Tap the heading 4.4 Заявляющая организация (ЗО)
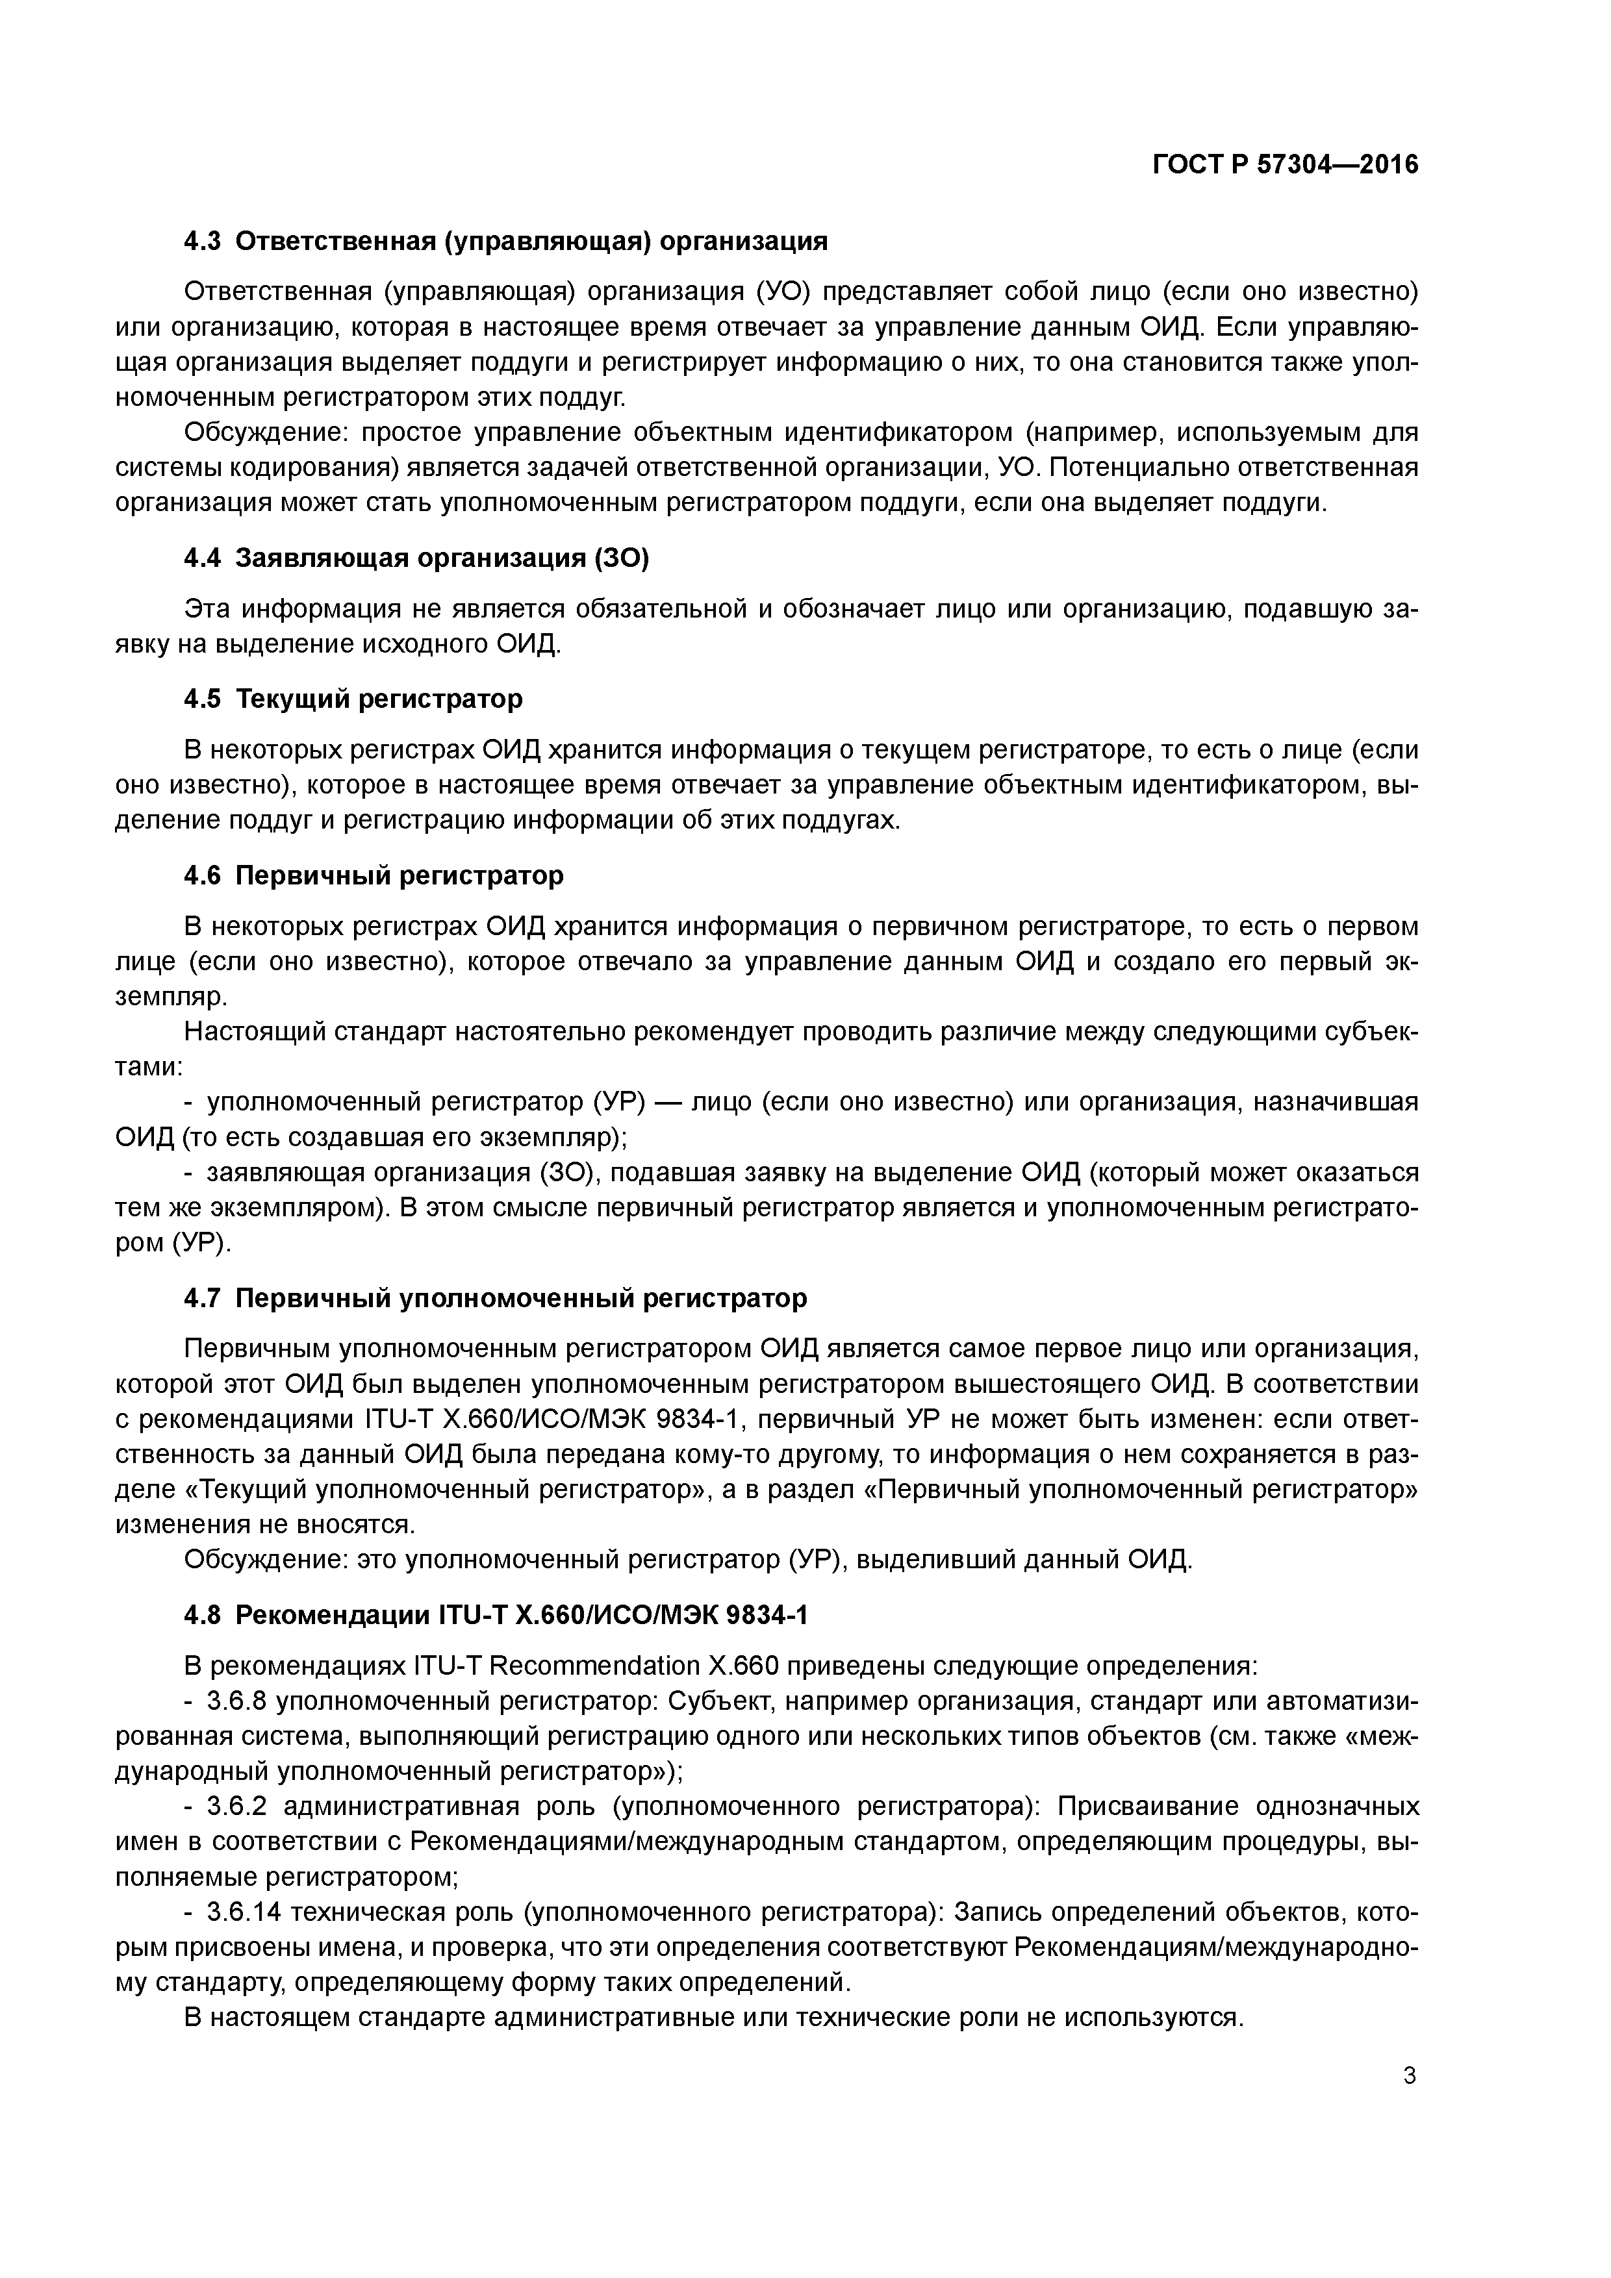416,558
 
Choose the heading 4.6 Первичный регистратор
374,875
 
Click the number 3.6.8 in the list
236,1701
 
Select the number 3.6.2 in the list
236,1806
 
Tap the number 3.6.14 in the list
243,1912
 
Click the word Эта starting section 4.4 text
209,608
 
